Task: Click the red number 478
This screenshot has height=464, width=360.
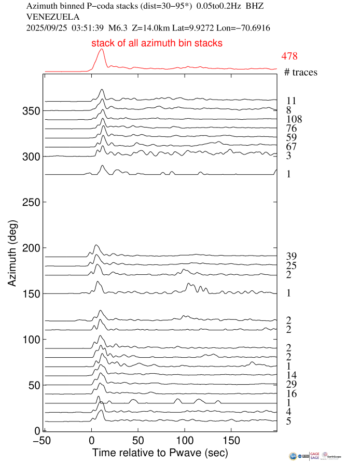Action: click(289, 56)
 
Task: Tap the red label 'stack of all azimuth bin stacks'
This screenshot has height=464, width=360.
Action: click(157, 44)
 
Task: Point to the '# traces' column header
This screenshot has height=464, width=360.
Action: click(300, 73)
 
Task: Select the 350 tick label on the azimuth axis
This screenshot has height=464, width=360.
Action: click(30, 111)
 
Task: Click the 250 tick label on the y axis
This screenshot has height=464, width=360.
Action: click(30, 202)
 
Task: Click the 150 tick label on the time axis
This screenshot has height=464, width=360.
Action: click(231, 440)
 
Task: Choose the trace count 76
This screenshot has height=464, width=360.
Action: click(290, 129)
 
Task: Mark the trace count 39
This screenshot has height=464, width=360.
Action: click(290, 257)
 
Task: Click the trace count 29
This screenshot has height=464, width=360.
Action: click(290, 384)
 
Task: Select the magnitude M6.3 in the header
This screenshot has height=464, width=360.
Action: click(117, 28)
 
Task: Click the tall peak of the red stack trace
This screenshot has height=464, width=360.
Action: click(101, 50)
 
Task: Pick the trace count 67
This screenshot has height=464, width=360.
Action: click(290, 147)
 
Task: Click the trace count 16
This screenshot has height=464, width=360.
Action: click(290, 393)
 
